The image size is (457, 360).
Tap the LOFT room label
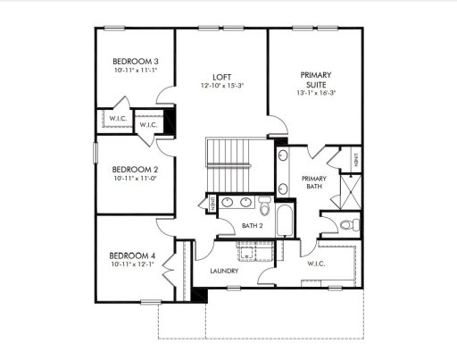[222, 77]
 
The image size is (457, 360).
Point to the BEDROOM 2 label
[129, 169]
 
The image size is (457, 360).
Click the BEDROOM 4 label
[129, 255]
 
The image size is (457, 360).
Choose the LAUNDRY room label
[222, 270]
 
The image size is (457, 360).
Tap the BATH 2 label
[253, 226]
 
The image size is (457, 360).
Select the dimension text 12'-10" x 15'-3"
[222, 87]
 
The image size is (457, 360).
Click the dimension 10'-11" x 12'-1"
[129, 264]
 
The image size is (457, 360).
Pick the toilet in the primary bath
[349, 222]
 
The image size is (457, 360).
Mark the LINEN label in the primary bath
[355, 161]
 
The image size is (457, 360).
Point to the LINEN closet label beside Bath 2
[213, 205]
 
